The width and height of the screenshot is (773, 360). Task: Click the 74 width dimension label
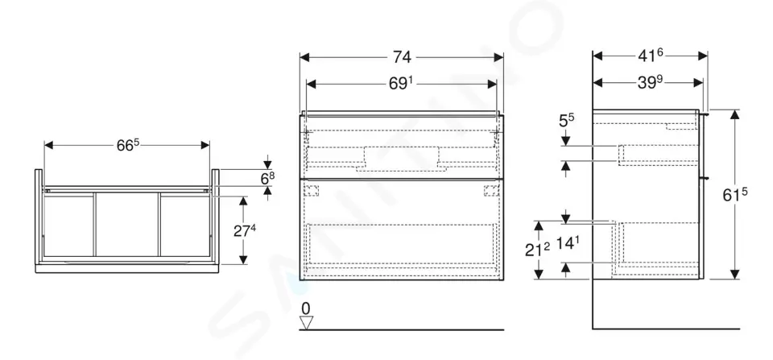402,57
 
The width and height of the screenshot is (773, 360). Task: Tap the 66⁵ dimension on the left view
128,145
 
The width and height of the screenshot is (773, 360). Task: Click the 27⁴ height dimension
245,230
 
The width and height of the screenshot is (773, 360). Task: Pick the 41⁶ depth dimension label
651,56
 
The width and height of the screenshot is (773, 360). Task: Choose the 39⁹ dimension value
651,83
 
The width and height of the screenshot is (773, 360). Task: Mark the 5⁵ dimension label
566,120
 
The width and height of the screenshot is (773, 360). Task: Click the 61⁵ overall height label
735,195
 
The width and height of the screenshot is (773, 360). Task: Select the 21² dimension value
537,250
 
